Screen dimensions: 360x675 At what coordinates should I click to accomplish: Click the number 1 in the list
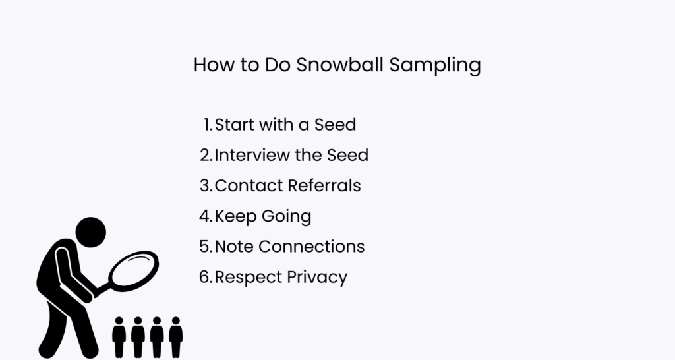[207, 124]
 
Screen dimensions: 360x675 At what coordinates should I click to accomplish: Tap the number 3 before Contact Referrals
[204, 185]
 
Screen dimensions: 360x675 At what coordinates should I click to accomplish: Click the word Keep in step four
[234, 216]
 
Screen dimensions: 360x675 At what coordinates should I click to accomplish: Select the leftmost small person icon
[119, 337]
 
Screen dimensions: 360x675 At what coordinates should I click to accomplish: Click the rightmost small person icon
[175, 337]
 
